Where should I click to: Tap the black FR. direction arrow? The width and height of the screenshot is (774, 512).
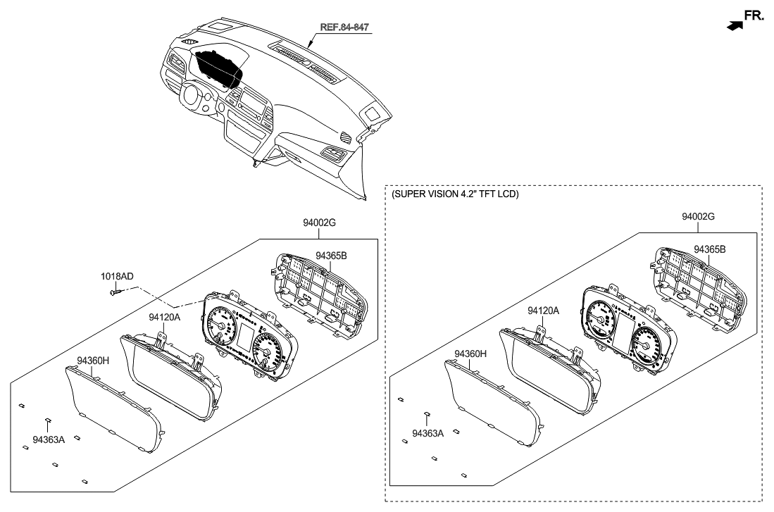pyautogui.click(x=735, y=25)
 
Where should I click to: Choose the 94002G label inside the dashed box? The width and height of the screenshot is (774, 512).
pyautogui.click(x=698, y=217)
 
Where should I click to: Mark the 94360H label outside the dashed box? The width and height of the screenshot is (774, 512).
pyautogui.click(x=93, y=360)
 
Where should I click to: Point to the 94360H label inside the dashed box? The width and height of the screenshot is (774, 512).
pyautogui.click(x=470, y=354)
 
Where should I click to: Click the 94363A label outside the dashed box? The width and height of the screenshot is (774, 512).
pyautogui.click(x=48, y=439)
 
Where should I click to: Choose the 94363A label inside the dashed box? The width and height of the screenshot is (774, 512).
pyautogui.click(x=427, y=433)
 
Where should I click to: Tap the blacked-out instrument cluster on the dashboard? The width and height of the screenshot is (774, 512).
pyautogui.click(x=218, y=68)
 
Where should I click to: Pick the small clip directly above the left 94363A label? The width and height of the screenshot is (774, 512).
pyautogui.click(x=47, y=420)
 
